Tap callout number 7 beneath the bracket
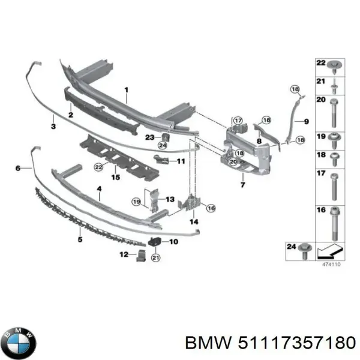(x=243, y=185)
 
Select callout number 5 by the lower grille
(x=79, y=239)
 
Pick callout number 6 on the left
(x=18, y=169)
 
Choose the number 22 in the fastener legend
(x=321, y=63)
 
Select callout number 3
(x=53, y=127)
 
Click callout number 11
(x=181, y=161)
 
